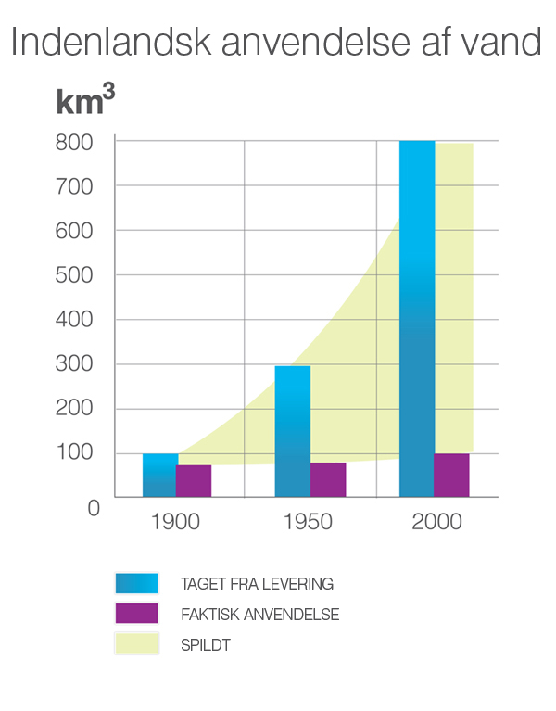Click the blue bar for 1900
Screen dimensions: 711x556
159,476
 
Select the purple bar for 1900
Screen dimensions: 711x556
194,481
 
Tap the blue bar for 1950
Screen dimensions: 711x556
292,431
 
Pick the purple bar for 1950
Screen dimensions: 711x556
327,479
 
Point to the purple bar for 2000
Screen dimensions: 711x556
451,475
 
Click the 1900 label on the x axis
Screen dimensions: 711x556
175,522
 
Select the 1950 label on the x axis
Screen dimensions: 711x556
308,522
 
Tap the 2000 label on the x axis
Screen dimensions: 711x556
436,522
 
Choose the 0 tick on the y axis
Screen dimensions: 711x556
93,508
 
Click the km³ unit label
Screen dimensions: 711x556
84,100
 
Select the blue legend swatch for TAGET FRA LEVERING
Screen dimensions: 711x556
136,583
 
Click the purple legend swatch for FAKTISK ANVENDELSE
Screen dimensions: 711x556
136,614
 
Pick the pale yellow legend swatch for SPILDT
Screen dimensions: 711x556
136,644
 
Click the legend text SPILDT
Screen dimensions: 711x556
206,645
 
